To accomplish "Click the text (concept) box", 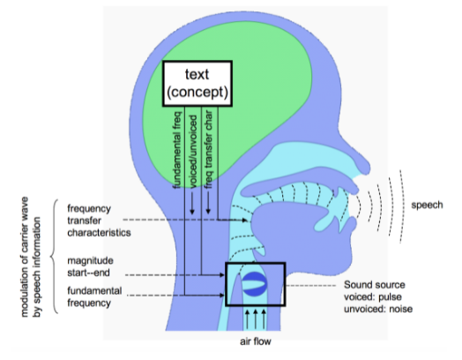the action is [x=197, y=84].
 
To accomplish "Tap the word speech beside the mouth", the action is [x=427, y=205].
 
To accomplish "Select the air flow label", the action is [x=256, y=341].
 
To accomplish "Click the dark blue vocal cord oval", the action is [x=255, y=284].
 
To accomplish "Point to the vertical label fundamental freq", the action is [x=177, y=150].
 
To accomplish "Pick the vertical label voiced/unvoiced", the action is [x=193, y=152].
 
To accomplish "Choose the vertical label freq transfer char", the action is [x=209, y=149].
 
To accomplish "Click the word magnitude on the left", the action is [x=90, y=261].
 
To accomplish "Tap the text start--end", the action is [x=88, y=273].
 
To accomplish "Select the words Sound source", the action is [x=375, y=285].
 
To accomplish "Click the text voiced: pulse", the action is [x=373, y=296].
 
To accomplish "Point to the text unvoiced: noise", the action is [x=378, y=309].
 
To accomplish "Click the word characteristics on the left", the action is [x=99, y=233].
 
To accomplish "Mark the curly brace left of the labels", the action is [x=54, y=257].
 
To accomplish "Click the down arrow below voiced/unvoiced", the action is [x=192, y=203].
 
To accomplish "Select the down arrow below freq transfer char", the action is [x=208, y=203].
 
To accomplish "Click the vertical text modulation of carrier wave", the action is [x=25, y=257].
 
